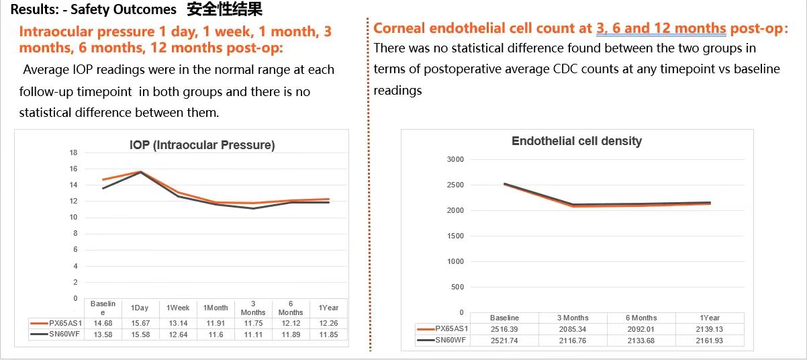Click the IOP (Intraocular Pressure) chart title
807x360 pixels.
click(x=202, y=145)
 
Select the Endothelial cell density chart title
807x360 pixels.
click(x=576, y=141)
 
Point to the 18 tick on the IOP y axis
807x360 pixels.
click(x=74, y=152)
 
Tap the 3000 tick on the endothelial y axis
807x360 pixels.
click(x=455, y=159)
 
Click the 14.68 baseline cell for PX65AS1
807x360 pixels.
click(x=103, y=324)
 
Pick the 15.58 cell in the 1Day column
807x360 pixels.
click(x=140, y=334)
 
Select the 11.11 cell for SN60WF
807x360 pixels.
click(x=253, y=334)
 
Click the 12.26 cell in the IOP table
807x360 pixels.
click(x=328, y=324)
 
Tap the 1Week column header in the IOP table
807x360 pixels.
click(x=178, y=308)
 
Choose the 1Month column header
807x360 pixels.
click(x=216, y=308)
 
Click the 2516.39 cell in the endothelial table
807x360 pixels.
click(x=504, y=329)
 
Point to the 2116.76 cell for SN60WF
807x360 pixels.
click(x=573, y=341)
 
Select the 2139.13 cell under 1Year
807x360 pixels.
click(x=709, y=329)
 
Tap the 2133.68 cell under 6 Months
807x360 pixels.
click(x=640, y=341)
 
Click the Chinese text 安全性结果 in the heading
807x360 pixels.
click(x=225, y=9)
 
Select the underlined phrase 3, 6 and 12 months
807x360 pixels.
click(x=661, y=28)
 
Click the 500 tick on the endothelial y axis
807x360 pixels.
click(x=457, y=287)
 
